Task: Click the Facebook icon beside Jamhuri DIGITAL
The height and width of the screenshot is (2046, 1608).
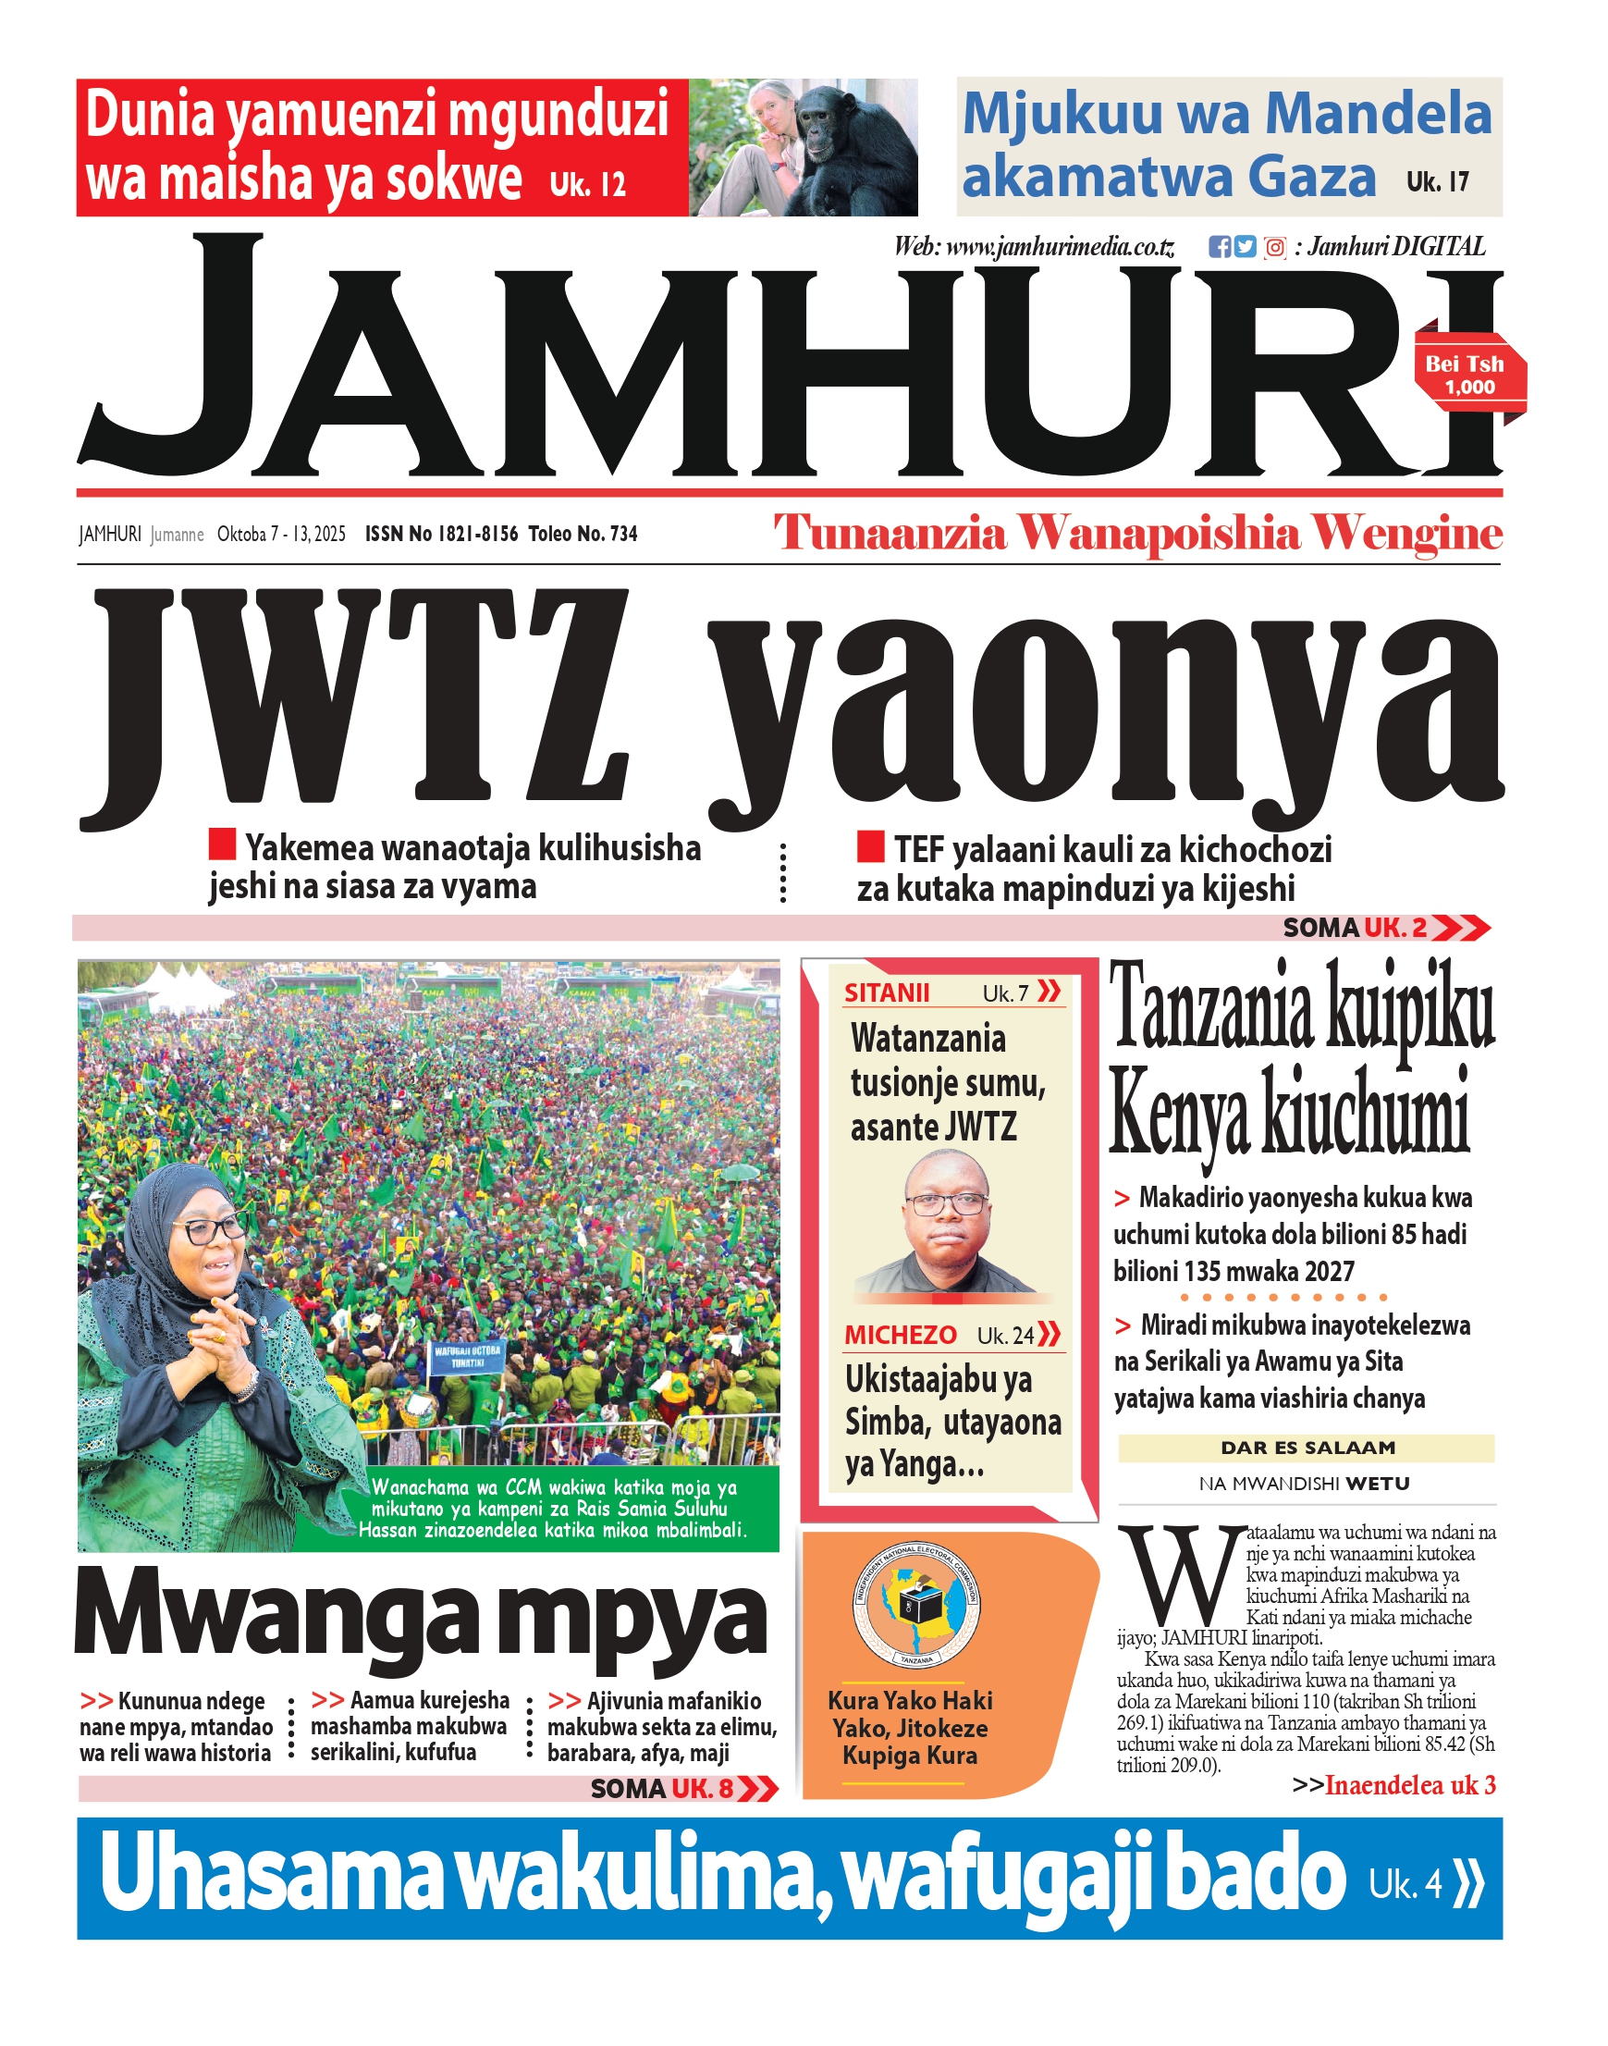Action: (1220, 247)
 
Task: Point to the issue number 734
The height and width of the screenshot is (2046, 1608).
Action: (623, 534)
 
